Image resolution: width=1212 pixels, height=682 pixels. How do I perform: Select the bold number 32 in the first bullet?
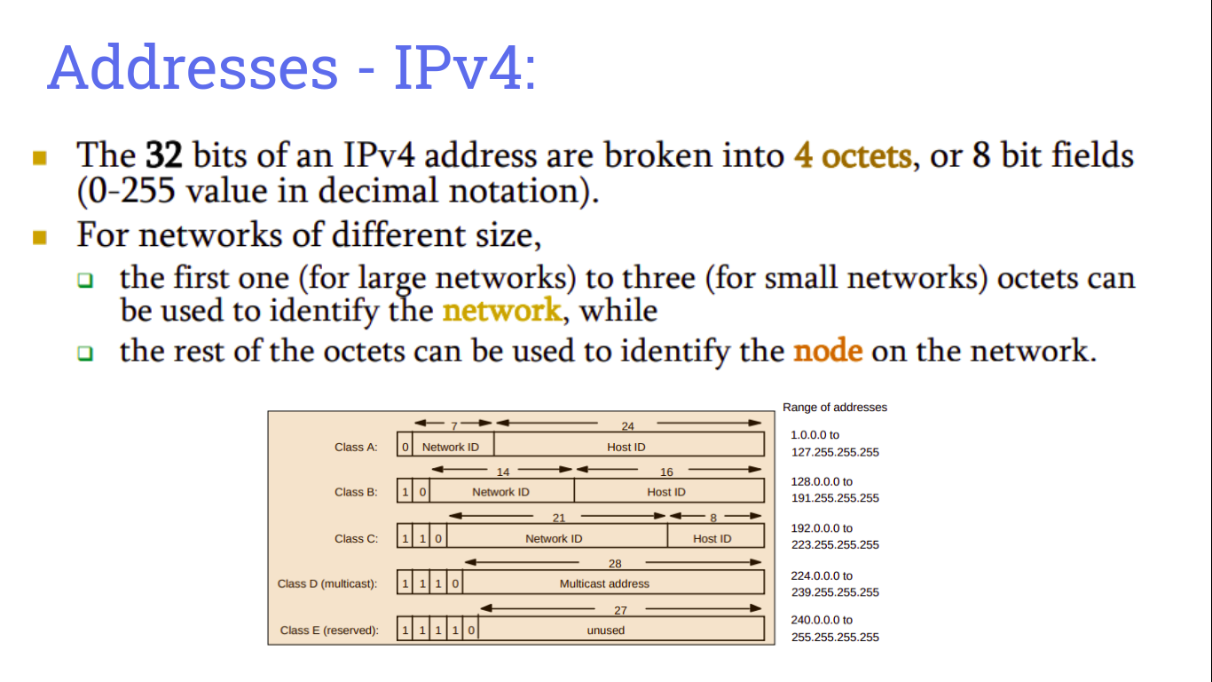click(163, 156)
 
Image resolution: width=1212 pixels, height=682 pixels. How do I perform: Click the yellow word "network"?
click(501, 311)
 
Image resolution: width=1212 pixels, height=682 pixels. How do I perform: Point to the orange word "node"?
click(828, 351)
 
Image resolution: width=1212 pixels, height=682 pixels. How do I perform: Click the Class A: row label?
click(356, 447)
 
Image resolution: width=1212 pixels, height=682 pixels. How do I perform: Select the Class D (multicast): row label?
click(327, 583)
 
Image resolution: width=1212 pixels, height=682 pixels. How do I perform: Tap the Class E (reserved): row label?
click(329, 630)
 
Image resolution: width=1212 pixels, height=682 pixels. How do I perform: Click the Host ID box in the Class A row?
click(626, 447)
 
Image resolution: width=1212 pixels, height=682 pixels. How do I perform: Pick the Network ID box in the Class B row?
click(500, 492)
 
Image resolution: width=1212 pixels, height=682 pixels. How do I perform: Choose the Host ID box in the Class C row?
click(712, 538)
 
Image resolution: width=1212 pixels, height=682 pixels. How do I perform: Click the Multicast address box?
click(604, 583)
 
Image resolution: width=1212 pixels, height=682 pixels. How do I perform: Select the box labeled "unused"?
click(606, 630)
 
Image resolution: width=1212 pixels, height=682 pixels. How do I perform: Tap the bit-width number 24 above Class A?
click(627, 426)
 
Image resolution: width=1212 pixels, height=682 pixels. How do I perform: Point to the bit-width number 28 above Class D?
click(615, 564)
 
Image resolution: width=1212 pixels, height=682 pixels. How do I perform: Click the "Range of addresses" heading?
click(835, 408)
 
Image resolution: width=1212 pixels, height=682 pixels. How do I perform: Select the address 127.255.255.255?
click(835, 452)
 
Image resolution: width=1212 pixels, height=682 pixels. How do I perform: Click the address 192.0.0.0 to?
click(822, 528)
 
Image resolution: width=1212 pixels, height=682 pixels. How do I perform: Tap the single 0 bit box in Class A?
click(405, 447)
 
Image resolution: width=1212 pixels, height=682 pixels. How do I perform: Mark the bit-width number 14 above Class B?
click(503, 472)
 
